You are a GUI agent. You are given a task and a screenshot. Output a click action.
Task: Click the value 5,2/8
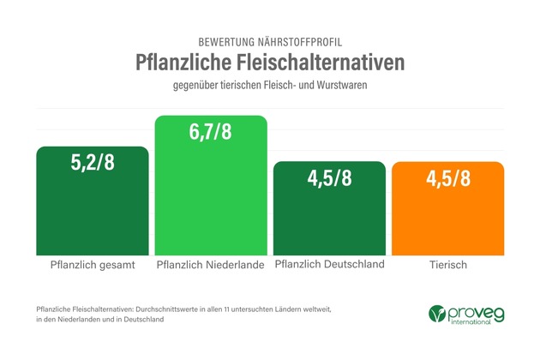tap(93, 163)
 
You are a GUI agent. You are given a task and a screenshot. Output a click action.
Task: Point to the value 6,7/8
tap(211, 133)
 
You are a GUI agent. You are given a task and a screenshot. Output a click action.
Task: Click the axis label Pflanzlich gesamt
tap(93, 265)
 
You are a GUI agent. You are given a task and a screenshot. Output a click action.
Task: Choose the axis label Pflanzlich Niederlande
tap(211, 265)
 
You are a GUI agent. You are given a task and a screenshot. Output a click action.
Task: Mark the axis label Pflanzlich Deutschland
tap(329, 264)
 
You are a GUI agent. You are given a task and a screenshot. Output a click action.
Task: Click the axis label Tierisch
tap(447, 265)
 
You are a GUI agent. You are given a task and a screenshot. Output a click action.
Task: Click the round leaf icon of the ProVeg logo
tap(438, 314)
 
